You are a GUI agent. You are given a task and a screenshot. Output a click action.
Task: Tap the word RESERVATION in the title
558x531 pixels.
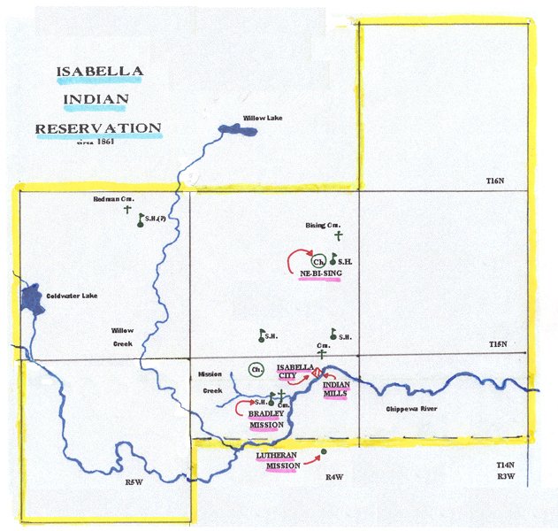pyautogui.click(x=98, y=128)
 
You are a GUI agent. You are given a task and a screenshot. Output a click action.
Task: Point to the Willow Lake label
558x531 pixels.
pyautogui.click(x=262, y=119)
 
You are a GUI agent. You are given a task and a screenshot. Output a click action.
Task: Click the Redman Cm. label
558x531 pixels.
pyautogui.click(x=112, y=200)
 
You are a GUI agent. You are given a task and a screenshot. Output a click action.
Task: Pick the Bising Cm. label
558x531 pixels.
pyautogui.click(x=323, y=226)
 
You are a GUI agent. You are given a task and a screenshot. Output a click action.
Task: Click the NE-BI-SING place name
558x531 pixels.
pyautogui.click(x=320, y=273)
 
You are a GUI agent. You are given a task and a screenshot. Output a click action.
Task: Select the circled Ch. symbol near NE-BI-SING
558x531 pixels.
pyautogui.click(x=319, y=262)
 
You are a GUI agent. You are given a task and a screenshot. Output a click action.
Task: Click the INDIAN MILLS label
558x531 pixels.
pyautogui.click(x=337, y=389)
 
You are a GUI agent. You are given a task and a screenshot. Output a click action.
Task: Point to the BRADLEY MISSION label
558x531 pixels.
pyautogui.click(x=266, y=419)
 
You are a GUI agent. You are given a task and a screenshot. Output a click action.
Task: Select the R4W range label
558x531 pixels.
pyautogui.click(x=333, y=478)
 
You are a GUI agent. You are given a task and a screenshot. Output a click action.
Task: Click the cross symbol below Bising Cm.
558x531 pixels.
pyautogui.click(x=337, y=236)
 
